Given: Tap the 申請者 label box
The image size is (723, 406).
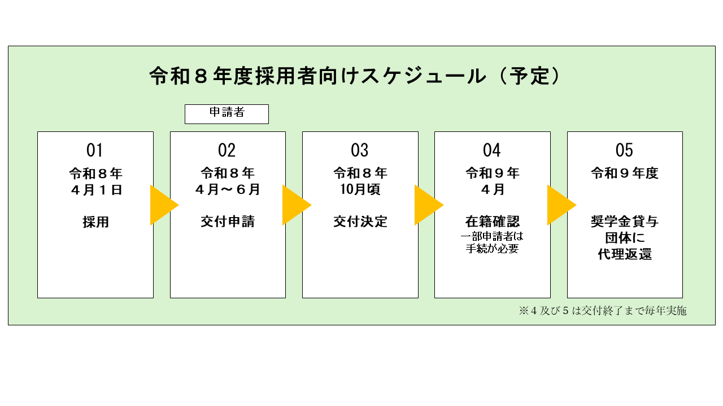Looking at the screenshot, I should tap(227, 114).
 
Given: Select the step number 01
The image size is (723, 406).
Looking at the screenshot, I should tap(95, 151).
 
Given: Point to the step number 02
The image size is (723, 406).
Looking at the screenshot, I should tap(227, 151).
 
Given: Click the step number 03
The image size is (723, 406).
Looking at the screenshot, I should tap(360, 151).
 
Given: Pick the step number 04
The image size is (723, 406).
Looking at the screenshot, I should tap(492, 151).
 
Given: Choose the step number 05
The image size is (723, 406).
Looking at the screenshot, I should tap(624, 151).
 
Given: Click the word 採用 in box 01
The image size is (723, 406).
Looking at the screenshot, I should tap(95, 222).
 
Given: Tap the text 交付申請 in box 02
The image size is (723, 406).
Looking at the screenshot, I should tap(228, 222).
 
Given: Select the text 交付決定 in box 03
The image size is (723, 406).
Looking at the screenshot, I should tap(360, 222).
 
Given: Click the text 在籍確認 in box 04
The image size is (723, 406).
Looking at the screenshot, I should tap(493, 222).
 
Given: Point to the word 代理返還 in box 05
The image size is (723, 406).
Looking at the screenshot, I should tap(625, 254).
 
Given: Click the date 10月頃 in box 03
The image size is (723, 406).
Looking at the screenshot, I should tap(360, 190).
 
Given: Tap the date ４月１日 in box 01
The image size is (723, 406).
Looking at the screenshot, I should tap(95, 190).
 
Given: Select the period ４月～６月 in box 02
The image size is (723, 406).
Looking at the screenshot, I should tap(228, 190).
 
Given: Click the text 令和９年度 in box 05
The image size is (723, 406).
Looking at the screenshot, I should tap(625, 173).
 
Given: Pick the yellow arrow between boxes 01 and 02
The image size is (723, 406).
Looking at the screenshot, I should tap(162, 205).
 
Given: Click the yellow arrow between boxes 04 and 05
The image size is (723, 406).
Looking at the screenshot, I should tap(559, 205).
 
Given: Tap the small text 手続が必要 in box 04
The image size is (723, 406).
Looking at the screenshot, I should tap(493, 248).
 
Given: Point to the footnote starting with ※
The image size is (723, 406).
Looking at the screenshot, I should tap(603, 311).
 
